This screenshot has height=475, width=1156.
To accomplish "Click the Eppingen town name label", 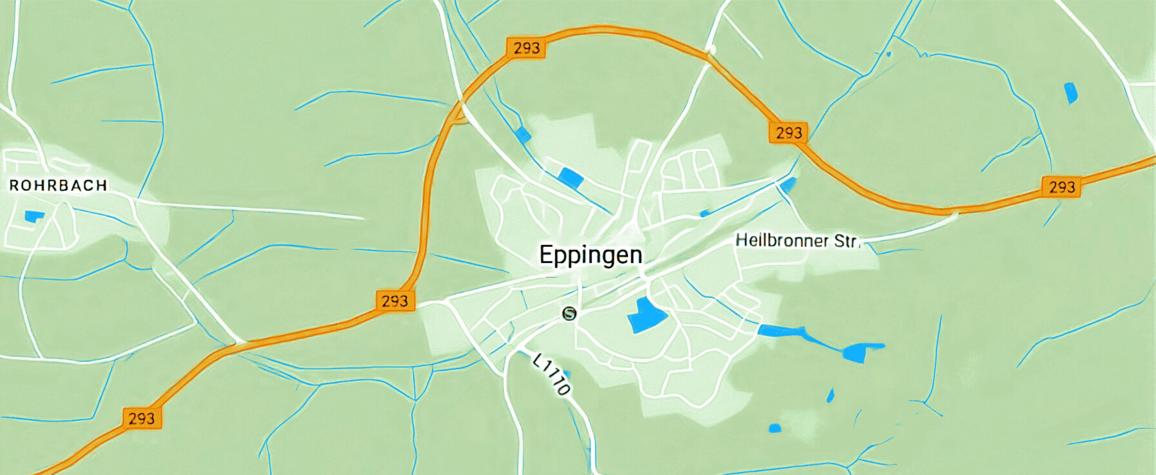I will (591, 255).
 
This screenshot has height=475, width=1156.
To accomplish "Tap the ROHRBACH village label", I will (58, 186).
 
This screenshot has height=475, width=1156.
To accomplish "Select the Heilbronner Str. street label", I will (798, 241).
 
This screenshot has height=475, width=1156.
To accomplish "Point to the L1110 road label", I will (552, 374).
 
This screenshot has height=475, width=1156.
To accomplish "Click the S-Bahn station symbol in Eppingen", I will (569, 313).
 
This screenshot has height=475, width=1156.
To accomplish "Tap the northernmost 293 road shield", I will (526, 48).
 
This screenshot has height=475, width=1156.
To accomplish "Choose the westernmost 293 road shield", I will (141, 418).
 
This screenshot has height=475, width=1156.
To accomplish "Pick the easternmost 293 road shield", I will (1061, 187).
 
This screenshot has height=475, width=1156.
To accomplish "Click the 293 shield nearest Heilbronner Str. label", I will (789, 133).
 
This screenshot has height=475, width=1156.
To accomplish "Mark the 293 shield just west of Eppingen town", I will (395, 301).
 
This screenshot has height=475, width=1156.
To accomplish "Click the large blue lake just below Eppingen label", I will (646, 315).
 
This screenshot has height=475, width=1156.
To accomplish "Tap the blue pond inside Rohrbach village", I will (34, 216).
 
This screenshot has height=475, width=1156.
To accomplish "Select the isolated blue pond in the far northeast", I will (1070, 92).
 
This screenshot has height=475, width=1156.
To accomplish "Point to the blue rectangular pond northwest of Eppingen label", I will (571, 177).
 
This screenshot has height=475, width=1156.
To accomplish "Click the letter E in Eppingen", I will (545, 255).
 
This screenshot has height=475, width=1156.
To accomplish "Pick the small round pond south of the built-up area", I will (774, 428).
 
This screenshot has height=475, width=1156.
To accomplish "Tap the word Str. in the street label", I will (846, 242).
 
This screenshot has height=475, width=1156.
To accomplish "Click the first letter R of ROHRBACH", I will (14, 186).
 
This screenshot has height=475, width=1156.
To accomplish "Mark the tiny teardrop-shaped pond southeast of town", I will (830, 395).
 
